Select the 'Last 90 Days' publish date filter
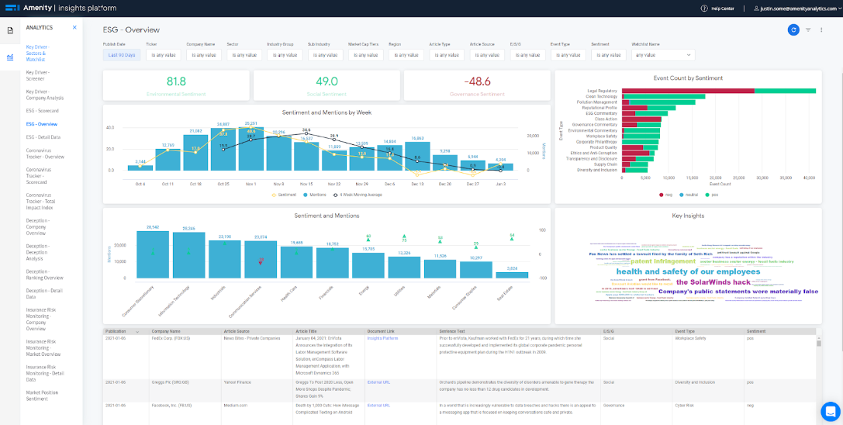tap(122, 55)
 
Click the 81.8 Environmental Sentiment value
tap(176, 81)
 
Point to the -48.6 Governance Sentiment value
tap(477, 81)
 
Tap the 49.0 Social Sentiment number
tap(326, 81)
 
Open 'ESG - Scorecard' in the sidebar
tap(42, 111)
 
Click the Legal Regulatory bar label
tap(602, 91)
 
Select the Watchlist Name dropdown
tap(662, 55)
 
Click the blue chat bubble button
tap(830, 411)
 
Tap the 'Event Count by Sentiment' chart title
tap(688, 78)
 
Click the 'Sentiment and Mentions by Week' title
tap(326, 112)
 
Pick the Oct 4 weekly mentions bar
tap(140, 168)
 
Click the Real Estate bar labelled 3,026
tap(512, 275)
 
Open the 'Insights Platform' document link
tap(382, 339)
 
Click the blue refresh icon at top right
tap(793, 29)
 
